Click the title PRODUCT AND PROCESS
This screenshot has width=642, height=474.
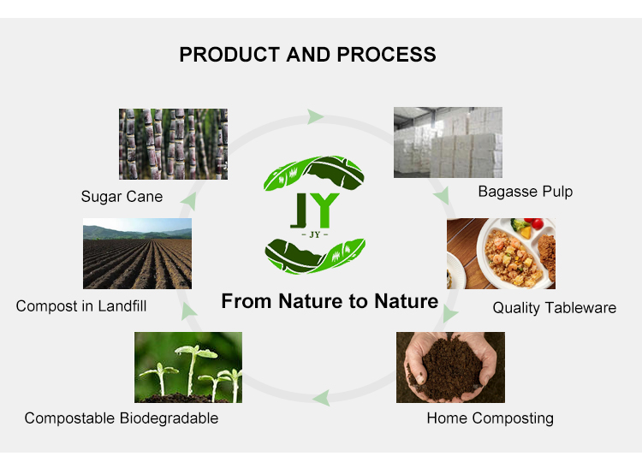tap(307, 55)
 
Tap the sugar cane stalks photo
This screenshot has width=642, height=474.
tap(173, 144)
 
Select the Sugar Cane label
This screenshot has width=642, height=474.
tap(122, 197)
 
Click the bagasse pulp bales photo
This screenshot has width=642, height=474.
tap(448, 142)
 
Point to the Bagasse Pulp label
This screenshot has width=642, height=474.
tap(525, 192)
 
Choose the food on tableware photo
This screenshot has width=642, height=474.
tap(501, 253)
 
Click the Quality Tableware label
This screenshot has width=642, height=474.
tap(554, 308)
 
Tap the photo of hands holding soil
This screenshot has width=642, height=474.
tap(450, 367)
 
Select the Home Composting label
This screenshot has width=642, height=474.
tap(490, 418)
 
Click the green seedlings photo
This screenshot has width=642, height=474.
tap(188, 367)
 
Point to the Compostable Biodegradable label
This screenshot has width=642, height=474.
tap(121, 418)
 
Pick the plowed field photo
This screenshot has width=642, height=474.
tap(137, 254)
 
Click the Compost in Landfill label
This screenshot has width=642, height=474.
tap(80, 305)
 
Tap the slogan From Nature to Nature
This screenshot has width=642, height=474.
tap(330, 301)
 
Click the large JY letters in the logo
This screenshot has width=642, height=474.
tap(315, 210)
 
